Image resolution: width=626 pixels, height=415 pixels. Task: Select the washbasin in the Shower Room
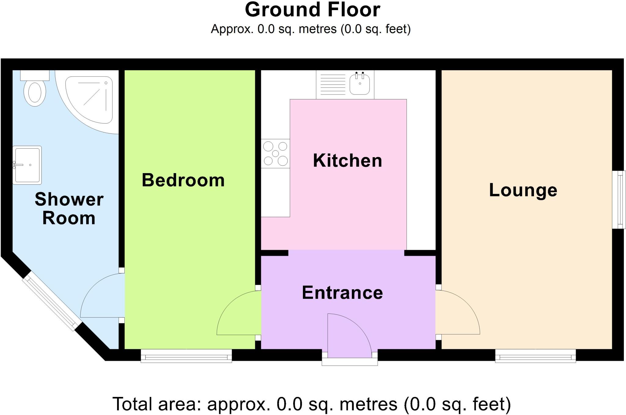[x=27, y=165]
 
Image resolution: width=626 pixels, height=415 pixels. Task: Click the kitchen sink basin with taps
[x=360, y=84]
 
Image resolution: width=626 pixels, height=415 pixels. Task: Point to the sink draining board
[x=332, y=84]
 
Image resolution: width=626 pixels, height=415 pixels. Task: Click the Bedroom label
[x=183, y=180]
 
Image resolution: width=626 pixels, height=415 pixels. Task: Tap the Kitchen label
[x=348, y=161]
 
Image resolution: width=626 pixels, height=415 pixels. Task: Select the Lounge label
[x=523, y=190]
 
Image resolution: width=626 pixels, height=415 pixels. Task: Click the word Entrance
[x=342, y=293]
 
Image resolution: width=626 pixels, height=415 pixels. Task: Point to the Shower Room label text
[x=69, y=209]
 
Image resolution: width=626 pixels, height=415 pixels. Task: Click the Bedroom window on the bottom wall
[x=186, y=356]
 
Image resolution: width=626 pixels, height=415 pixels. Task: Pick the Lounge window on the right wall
[x=619, y=199]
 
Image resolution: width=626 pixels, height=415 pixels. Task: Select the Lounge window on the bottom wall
[x=536, y=356]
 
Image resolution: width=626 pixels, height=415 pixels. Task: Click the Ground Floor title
[x=312, y=10]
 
